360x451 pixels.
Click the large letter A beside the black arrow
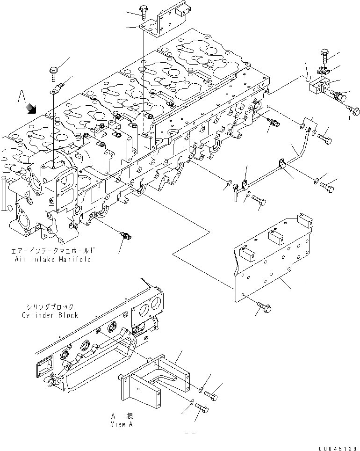[21, 97]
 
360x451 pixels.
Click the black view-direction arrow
[32, 109]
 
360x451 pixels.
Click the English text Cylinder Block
[50, 315]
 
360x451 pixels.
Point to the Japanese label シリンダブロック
[50, 307]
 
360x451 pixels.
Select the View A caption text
[122, 424]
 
